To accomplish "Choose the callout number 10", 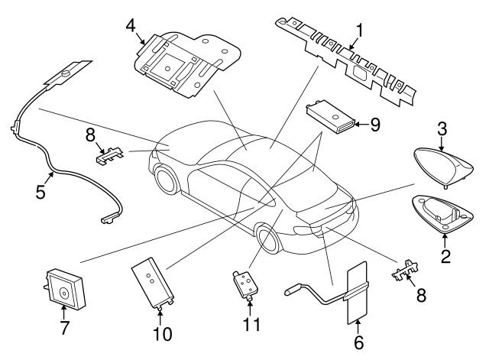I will coord(162,333).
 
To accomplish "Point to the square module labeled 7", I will coord(62,287).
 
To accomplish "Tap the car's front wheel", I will coord(166,182).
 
